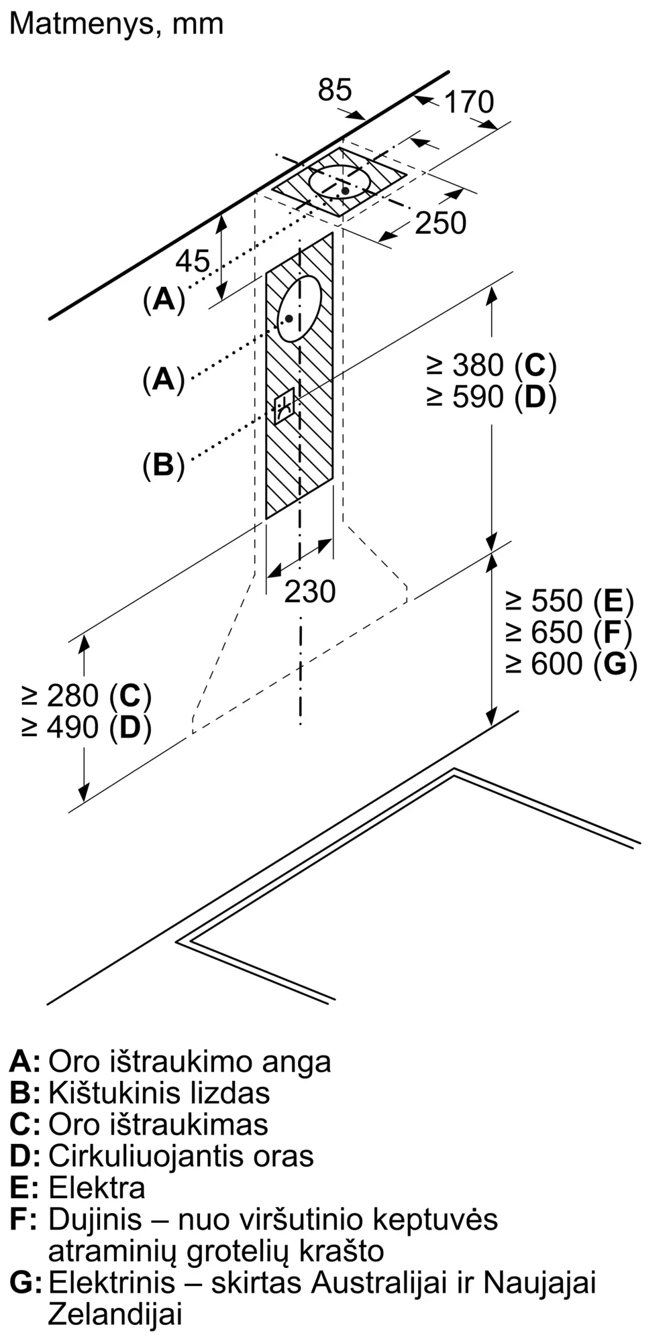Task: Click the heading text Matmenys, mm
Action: pyautogui.click(x=116, y=25)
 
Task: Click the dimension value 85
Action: pyautogui.click(x=335, y=90)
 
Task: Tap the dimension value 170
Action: pyautogui.click(x=469, y=102)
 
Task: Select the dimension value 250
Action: pyautogui.click(x=440, y=223)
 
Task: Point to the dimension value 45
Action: pyautogui.click(x=193, y=261)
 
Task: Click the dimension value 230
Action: pyautogui.click(x=309, y=591)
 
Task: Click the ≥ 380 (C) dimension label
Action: pyautogui.click(x=491, y=365)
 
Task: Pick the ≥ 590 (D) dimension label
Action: pyautogui.click(x=491, y=397)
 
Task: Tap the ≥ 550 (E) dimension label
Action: pyautogui.click(x=570, y=601)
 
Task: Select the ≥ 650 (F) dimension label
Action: pyautogui.click(x=569, y=632)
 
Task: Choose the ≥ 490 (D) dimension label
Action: pyautogui.click(x=87, y=727)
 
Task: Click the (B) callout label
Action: pyautogui.click(x=163, y=465)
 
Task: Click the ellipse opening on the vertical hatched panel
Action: pyautogui.click(x=299, y=308)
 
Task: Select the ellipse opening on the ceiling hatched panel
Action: pyautogui.click(x=340, y=182)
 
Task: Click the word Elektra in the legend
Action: pyautogui.click(x=97, y=1187)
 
